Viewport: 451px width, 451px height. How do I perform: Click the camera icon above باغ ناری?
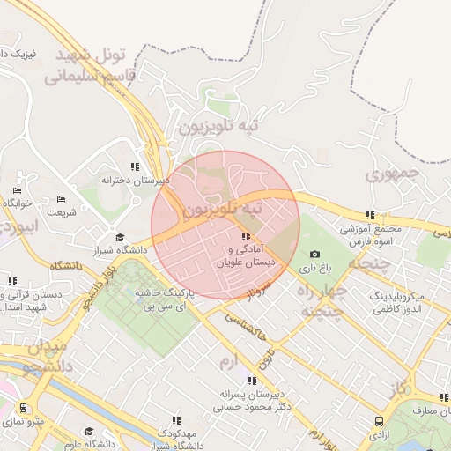click(314, 255)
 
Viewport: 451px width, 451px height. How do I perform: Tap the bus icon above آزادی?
click(379, 422)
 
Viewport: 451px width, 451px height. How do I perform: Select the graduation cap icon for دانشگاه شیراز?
click(120, 237)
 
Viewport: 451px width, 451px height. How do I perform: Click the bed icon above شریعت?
click(61, 200)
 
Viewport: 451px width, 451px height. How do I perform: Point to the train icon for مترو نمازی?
click(23, 409)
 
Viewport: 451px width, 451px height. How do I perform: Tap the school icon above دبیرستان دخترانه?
click(135, 166)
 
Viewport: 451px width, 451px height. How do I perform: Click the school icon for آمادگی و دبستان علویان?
click(245, 236)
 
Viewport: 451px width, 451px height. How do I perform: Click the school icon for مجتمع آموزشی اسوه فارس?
click(370, 215)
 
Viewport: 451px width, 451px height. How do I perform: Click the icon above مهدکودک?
click(176, 421)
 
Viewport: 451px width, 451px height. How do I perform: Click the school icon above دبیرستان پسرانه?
click(252, 381)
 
